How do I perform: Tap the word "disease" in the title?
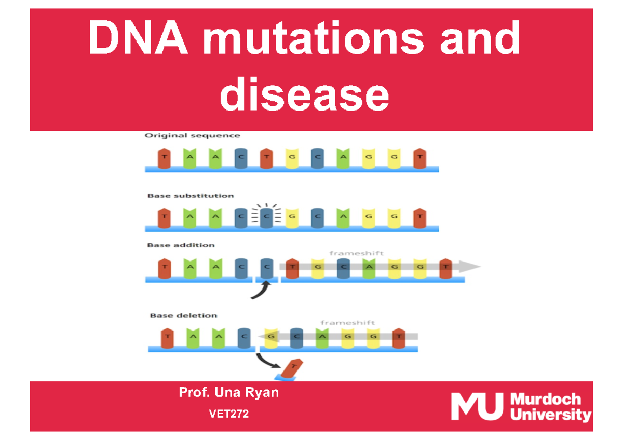click(x=304, y=94)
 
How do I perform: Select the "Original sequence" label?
click(x=192, y=136)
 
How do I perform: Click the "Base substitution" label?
click(x=191, y=196)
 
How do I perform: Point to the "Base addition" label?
click(x=181, y=245)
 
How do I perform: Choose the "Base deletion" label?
click(x=184, y=315)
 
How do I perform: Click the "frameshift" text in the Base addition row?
click(x=356, y=253)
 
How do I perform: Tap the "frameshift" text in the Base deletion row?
click(x=347, y=323)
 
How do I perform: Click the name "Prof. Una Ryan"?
click(x=228, y=393)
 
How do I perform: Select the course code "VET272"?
click(x=228, y=414)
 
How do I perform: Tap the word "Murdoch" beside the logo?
click(x=546, y=399)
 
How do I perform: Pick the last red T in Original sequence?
click(x=419, y=158)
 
